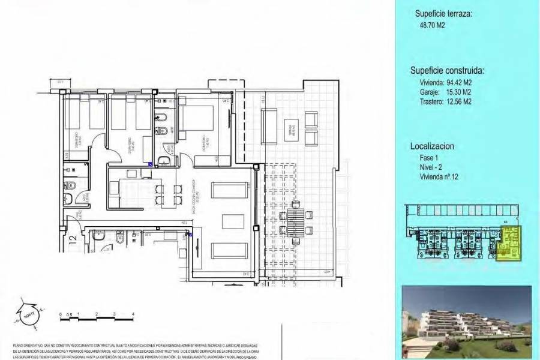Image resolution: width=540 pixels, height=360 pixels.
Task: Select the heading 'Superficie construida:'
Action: (447, 70)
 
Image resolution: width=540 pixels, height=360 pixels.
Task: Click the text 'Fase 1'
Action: (429, 157)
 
